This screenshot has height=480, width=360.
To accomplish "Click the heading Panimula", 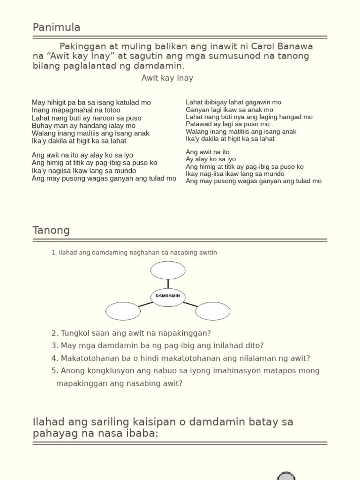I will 56,28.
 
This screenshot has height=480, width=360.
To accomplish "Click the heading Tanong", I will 51,230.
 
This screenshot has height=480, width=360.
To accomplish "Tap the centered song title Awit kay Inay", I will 167,78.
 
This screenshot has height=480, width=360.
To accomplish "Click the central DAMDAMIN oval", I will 168,296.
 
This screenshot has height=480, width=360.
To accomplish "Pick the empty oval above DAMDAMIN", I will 168,270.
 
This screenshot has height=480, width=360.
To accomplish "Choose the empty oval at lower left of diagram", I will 123,311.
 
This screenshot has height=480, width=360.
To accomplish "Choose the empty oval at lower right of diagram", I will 213,311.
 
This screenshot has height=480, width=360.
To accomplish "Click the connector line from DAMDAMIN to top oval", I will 168,284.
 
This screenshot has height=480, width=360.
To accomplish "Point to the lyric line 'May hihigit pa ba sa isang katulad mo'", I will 91,102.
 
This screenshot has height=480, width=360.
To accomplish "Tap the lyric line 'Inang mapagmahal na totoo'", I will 76,110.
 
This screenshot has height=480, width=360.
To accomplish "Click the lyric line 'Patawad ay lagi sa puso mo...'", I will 230,124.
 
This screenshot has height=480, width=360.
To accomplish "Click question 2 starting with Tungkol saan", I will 131,333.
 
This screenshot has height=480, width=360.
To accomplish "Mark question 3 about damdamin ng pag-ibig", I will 157,345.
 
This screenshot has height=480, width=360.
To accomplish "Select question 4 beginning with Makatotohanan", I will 181,358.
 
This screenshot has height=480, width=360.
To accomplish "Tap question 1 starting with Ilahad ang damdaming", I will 134,253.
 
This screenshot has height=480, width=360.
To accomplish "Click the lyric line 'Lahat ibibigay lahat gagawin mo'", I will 233,102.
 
